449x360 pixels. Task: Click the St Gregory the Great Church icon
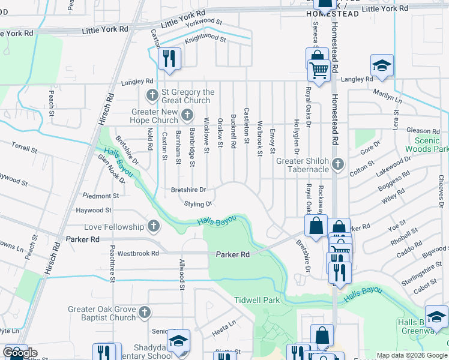coord(152,96)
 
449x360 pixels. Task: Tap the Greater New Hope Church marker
coord(187,115)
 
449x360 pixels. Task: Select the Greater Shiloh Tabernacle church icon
coord(339,164)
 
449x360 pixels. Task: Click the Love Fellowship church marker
coord(154,227)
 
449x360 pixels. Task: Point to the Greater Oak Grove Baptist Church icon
coord(145,313)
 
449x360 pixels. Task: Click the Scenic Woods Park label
coord(426,144)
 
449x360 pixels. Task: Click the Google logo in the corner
coord(20,353)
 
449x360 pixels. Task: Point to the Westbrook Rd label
coord(138,253)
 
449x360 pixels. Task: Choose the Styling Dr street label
coord(198,204)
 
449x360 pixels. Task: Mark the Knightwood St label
coord(205,40)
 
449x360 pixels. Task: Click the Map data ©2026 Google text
coord(411,355)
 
